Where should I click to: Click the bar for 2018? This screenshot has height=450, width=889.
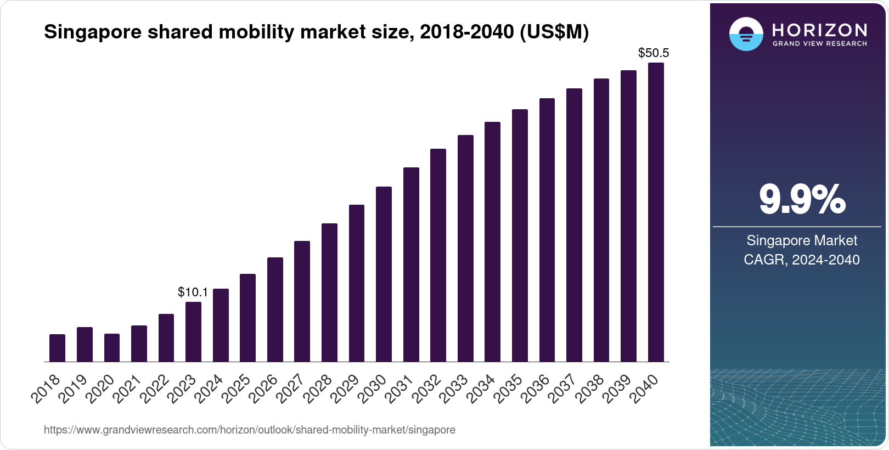coord(57,348)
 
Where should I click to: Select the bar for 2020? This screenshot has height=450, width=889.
coord(111,348)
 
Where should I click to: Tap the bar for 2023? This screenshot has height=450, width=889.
coord(193,331)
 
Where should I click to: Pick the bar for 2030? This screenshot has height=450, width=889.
coord(384,274)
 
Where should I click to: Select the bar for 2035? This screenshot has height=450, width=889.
coord(520,235)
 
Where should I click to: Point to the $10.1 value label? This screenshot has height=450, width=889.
coord(193,292)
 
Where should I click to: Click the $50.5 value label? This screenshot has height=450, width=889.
coord(653,53)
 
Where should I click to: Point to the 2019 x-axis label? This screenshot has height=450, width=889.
coord(74,389)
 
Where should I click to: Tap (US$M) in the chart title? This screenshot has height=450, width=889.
coord(553,32)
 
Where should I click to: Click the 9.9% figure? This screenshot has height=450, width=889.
coord(802,200)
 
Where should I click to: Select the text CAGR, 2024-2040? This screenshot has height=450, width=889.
coord(801,260)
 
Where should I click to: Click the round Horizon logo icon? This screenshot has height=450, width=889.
coord(746,34)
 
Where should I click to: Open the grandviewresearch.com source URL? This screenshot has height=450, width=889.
coord(249,430)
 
